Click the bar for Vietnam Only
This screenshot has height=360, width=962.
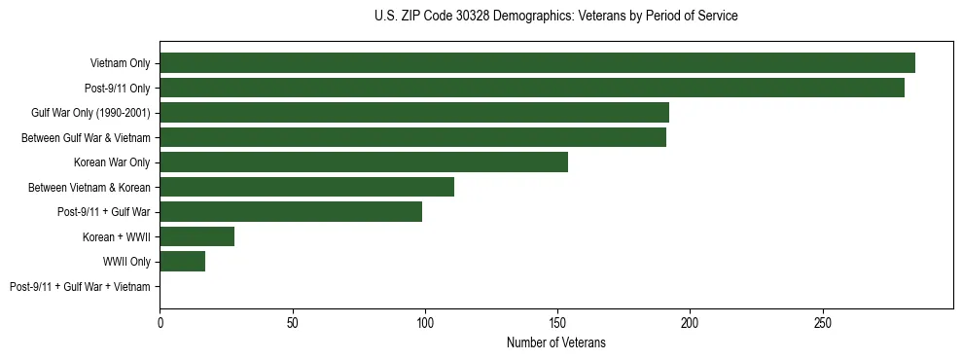coord(537,63)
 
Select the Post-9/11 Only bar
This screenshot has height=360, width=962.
coord(532,88)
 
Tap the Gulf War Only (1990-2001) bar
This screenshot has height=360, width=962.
coord(414,113)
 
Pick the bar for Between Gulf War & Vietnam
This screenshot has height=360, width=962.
coord(412,137)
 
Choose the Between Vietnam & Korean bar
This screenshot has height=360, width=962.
coord(306,187)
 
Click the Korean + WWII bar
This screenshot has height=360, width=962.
coord(196,236)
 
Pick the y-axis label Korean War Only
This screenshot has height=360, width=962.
coord(112,162)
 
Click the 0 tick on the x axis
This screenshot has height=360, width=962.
coord(160,321)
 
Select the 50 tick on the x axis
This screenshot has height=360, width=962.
coord(292,321)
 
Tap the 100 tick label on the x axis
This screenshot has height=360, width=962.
coord(424,321)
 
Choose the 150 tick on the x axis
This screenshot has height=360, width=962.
coord(557,321)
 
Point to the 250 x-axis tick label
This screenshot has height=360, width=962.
coord(822,321)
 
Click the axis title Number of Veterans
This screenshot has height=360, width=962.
coord(555,342)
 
